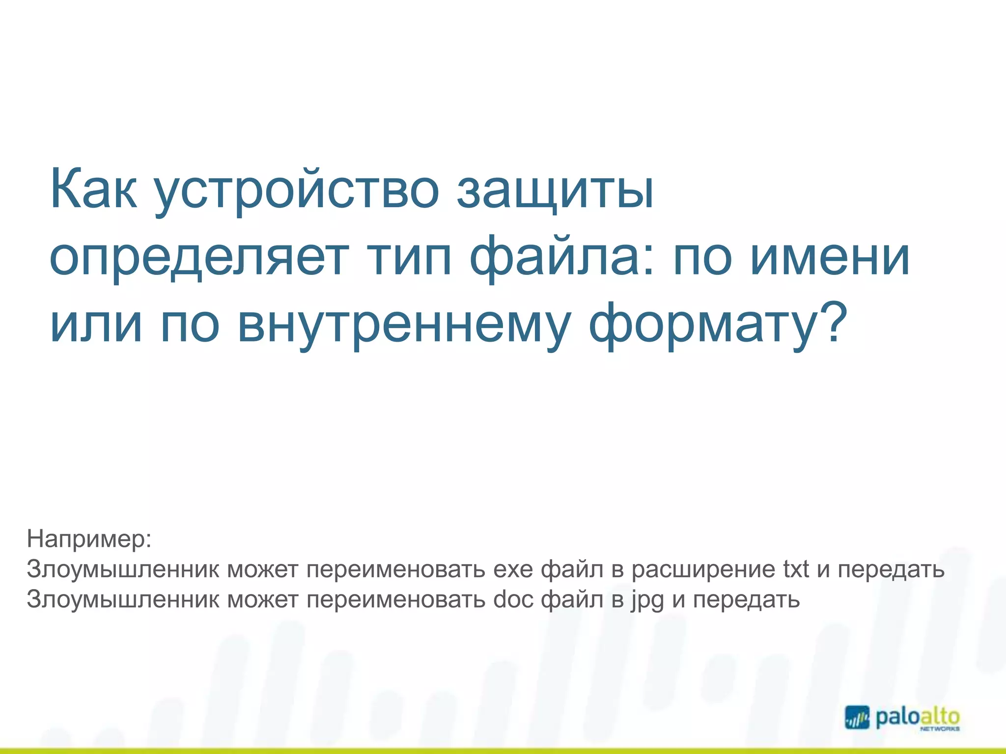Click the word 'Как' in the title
click(x=93, y=189)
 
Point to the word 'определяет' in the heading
click(x=199, y=257)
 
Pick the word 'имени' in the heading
click(x=830, y=257)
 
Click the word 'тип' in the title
click(x=410, y=257)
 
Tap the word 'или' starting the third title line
click(x=96, y=324)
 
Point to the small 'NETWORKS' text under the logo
click(x=940, y=729)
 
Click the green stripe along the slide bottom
click(x=503, y=751)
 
